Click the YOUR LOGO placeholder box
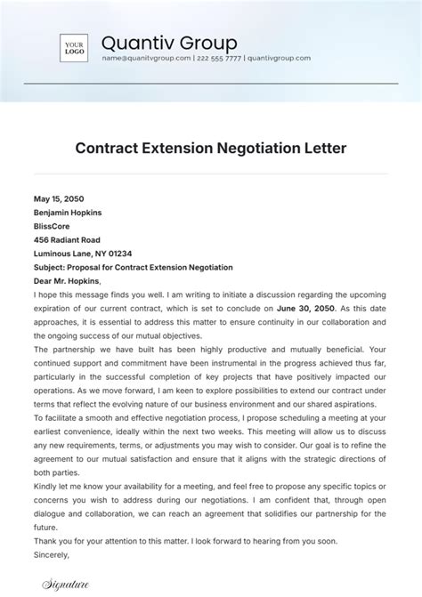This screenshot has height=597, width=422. [73, 47]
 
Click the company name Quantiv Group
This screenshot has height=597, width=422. [169, 43]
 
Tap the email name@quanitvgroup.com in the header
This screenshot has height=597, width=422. [146, 59]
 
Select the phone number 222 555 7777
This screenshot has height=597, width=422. [219, 59]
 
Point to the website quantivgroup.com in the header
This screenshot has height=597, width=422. [279, 59]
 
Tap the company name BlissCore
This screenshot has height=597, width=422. [52, 227]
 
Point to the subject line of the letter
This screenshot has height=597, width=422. [133, 268]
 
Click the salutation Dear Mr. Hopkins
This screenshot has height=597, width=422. [68, 281]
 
